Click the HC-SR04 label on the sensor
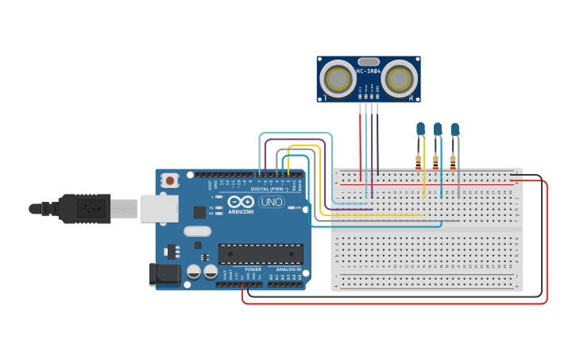click(369, 71)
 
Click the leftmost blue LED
click(420, 129)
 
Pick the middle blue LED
click(438, 129)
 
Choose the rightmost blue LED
click(454, 129)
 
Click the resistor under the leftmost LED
click(419, 161)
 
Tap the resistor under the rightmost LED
click(454, 161)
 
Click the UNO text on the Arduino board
click(272, 202)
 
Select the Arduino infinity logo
click(245, 202)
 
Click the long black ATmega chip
click(261, 254)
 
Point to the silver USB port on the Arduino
click(160, 208)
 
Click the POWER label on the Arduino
click(253, 269)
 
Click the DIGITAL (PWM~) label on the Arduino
click(269, 189)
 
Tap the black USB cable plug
click(84, 209)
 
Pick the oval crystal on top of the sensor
click(369, 61)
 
